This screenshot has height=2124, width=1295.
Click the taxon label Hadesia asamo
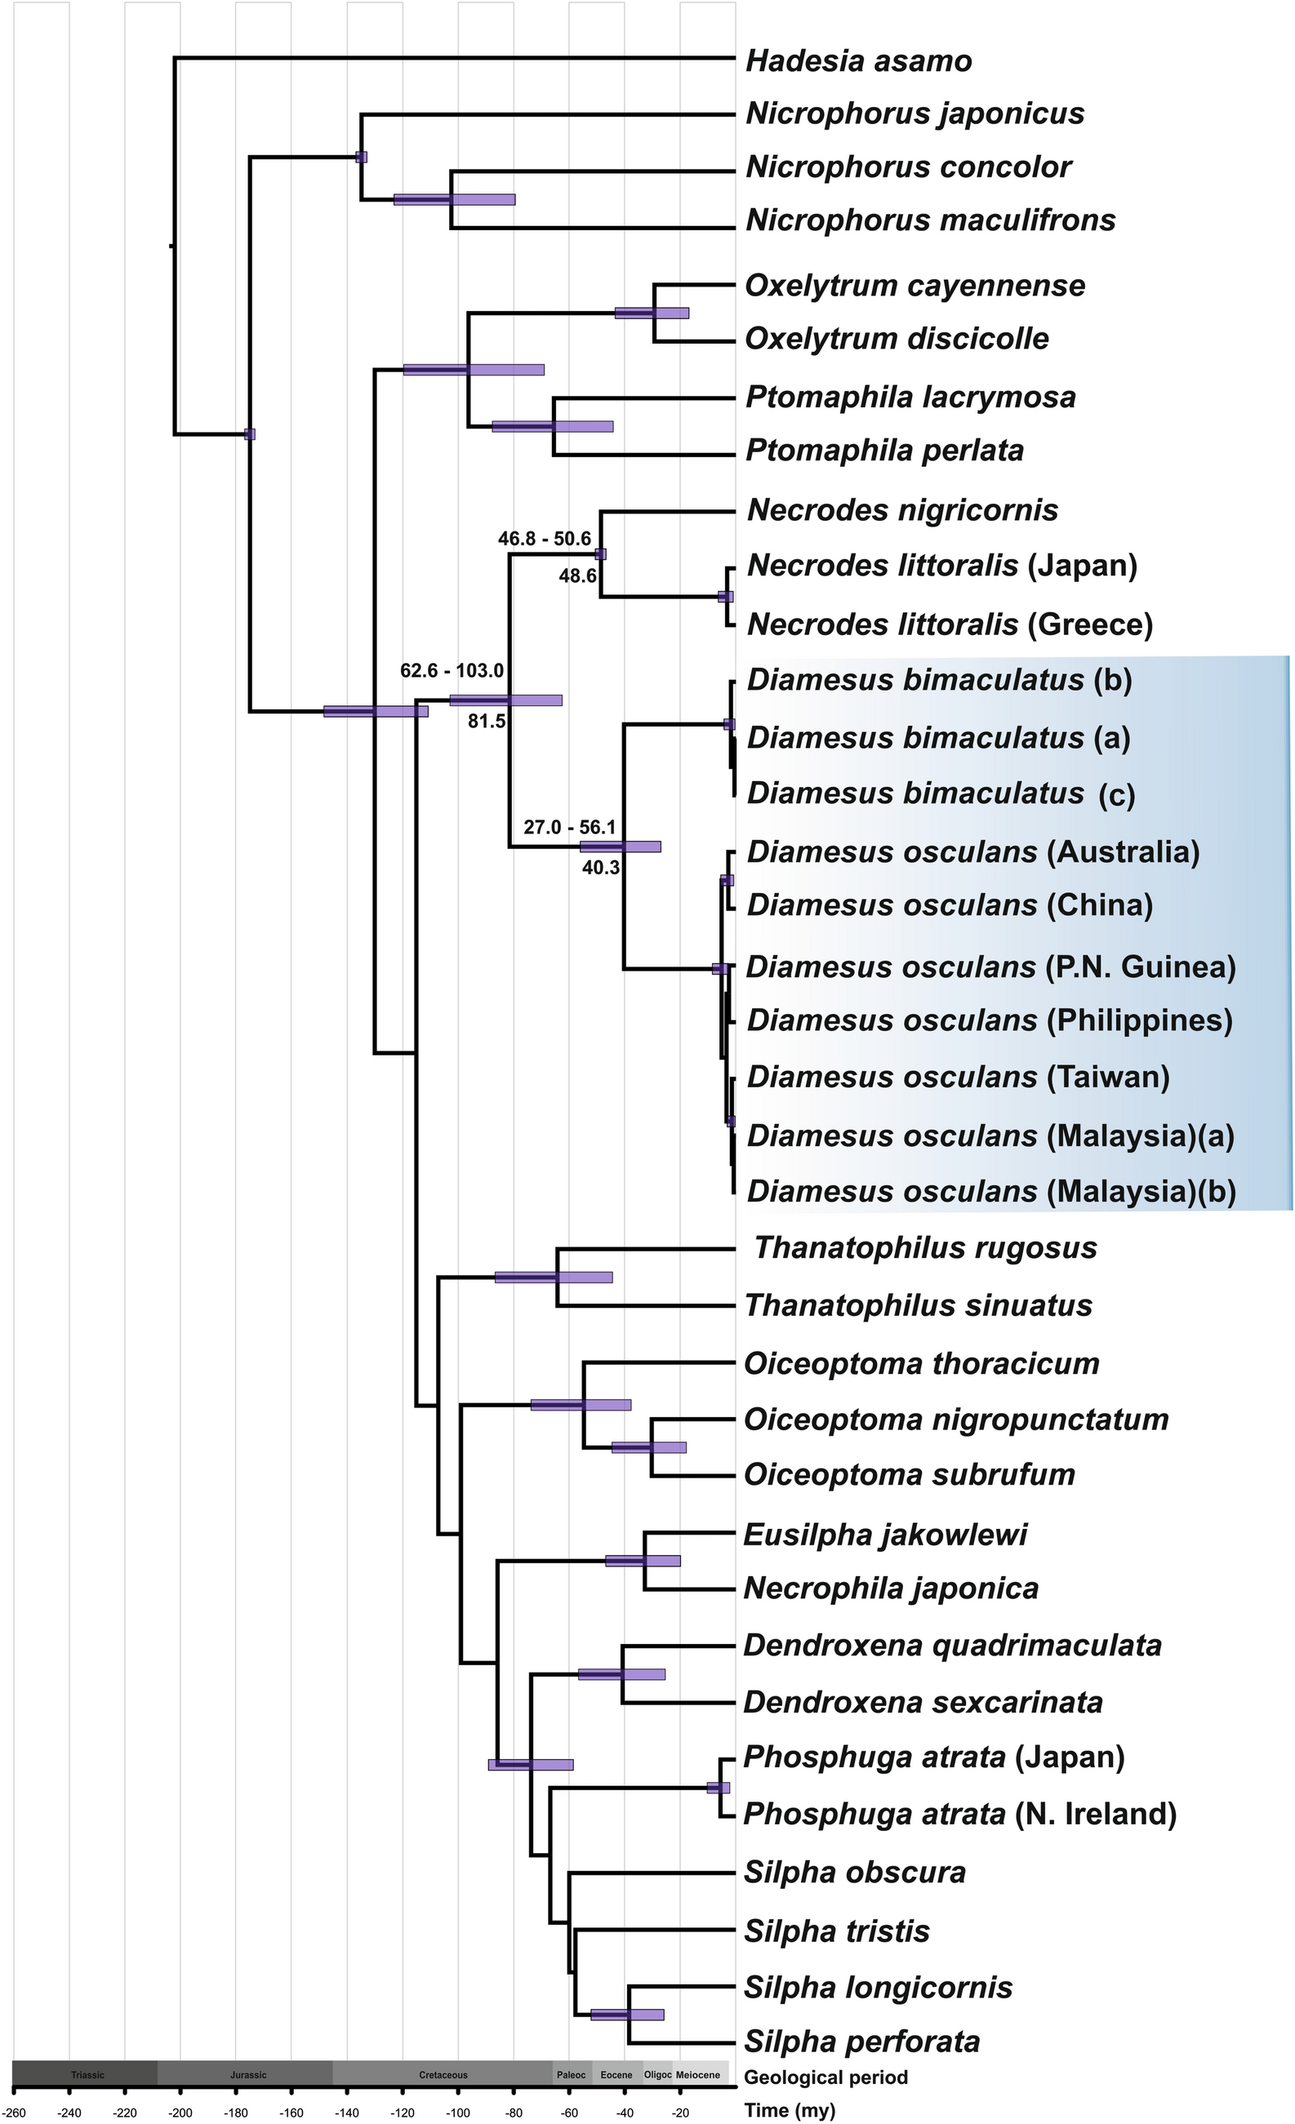(x=858, y=61)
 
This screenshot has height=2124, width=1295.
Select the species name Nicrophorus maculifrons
(x=930, y=220)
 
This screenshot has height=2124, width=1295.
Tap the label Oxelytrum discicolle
(x=897, y=339)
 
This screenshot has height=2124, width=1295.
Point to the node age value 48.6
(x=577, y=575)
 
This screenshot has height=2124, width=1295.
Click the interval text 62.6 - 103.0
(x=452, y=671)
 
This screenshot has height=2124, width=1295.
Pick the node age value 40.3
(x=600, y=868)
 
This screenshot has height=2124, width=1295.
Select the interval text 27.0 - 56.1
(x=570, y=828)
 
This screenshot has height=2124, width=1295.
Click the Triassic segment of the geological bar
(x=87, y=2075)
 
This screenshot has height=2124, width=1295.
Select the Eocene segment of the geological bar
(x=616, y=2075)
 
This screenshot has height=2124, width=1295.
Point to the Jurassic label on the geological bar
(x=248, y=2075)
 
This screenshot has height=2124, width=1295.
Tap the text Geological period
(x=826, y=2077)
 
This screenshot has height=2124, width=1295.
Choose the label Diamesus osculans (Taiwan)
(x=958, y=1078)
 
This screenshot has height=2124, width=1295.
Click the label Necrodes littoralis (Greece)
(x=950, y=625)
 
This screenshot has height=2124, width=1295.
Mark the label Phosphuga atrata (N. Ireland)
(x=959, y=1815)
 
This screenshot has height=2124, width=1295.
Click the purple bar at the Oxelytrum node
(x=652, y=313)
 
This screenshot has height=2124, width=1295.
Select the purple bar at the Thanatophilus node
(x=554, y=1278)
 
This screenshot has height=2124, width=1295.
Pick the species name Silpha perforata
(x=861, y=2042)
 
